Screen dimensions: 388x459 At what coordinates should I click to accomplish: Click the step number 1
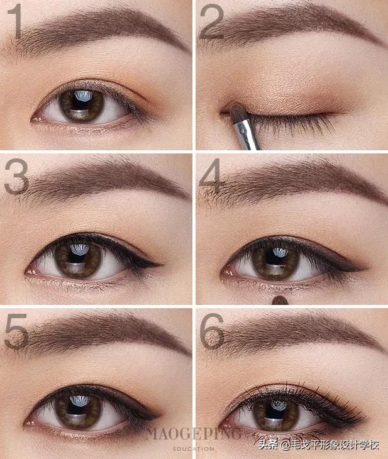pyautogui.click(x=15, y=21)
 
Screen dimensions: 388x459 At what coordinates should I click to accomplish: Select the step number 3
pyautogui.click(x=16, y=177)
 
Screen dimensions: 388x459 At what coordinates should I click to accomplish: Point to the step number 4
pyautogui.click(x=210, y=173)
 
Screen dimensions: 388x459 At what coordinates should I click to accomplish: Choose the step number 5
pyautogui.click(x=16, y=331)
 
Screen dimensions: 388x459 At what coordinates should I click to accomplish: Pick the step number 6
pyautogui.click(x=211, y=331)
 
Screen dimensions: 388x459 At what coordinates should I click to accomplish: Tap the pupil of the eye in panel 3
pyautogui.click(x=78, y=258)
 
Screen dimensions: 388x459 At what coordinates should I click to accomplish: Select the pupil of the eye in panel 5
pyautogui.click(x=78, y=409)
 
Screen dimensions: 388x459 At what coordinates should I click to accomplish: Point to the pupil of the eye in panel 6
pyautogui.click(x=275, y=411)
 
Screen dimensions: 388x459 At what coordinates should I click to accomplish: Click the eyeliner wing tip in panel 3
pyautogui.click(x=161, y=265)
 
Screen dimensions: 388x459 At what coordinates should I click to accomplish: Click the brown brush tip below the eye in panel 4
pyautogui.click(x=280, y=300)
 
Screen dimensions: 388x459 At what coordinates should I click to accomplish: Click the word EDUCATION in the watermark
pyautogui.click(x=194, y=448)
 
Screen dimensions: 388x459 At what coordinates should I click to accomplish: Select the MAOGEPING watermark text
pyautogui.click(x=193, y=434)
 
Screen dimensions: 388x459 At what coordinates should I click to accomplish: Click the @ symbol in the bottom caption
pyautogui.click(x=285, y=446)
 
